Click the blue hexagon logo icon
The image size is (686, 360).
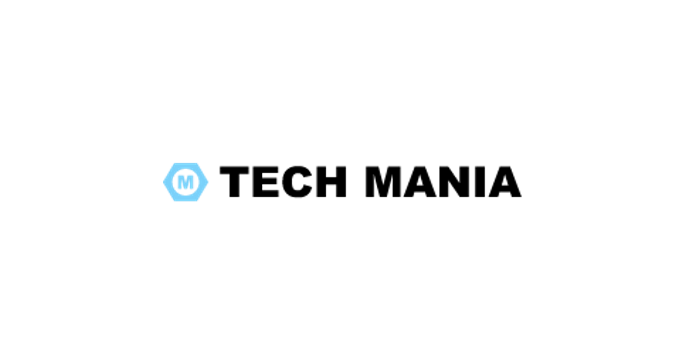tap(186, 182)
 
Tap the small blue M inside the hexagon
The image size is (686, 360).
tap(186, 182)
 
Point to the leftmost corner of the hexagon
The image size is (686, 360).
tap(163, 182)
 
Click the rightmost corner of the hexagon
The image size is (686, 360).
tap(208, 182)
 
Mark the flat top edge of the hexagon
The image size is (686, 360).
tap(186, 164)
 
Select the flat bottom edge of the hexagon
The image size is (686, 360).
tap(186, 200)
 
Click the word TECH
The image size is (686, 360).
tap(283, 182)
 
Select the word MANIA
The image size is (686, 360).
tap(444, 182)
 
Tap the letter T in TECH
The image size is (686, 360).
tap(234, 182)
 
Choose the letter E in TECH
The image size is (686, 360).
tap(266, 182)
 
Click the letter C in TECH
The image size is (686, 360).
tap(297, 182)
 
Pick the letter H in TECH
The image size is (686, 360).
tap(332, 182)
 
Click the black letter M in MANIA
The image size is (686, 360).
tap(383, 182)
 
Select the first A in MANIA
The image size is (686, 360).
tap(420, 182)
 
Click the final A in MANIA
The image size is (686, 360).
tap(505, 182)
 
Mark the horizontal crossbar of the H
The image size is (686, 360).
tap(332, 181)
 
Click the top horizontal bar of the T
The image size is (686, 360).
tap(234, 170)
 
